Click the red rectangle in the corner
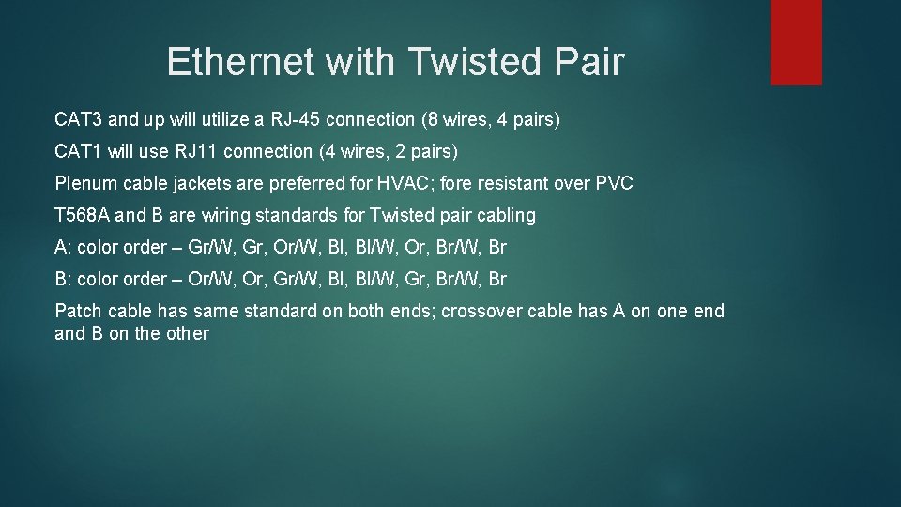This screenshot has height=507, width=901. pos(796,42)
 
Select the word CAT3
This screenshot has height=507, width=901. pos(80,120)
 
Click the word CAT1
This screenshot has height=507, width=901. pos(80,151)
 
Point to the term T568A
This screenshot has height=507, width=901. pos(84,215)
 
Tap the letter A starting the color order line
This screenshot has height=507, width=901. pos(61,247)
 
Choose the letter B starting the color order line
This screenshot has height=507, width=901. pos(61,279)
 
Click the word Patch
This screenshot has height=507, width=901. pos(79,311)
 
